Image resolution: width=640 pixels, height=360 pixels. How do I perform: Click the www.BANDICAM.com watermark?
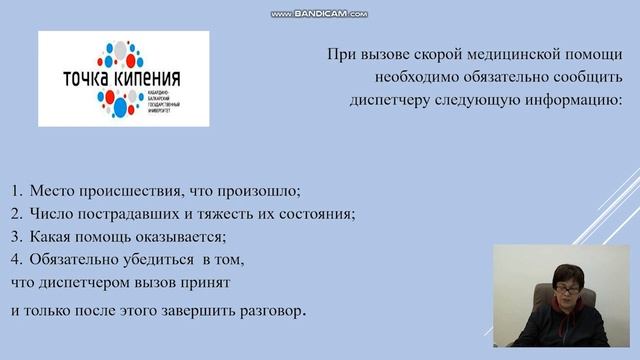[320, 14]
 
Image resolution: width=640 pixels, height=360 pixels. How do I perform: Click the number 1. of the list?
[17, 190]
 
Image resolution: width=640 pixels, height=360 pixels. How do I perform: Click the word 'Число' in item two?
[50, 213]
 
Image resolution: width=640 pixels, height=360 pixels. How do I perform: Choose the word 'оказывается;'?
[185, 237]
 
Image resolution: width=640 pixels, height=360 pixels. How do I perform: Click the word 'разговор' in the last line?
[264, 309]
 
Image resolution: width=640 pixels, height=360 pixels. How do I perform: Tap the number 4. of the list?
[17, 260]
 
